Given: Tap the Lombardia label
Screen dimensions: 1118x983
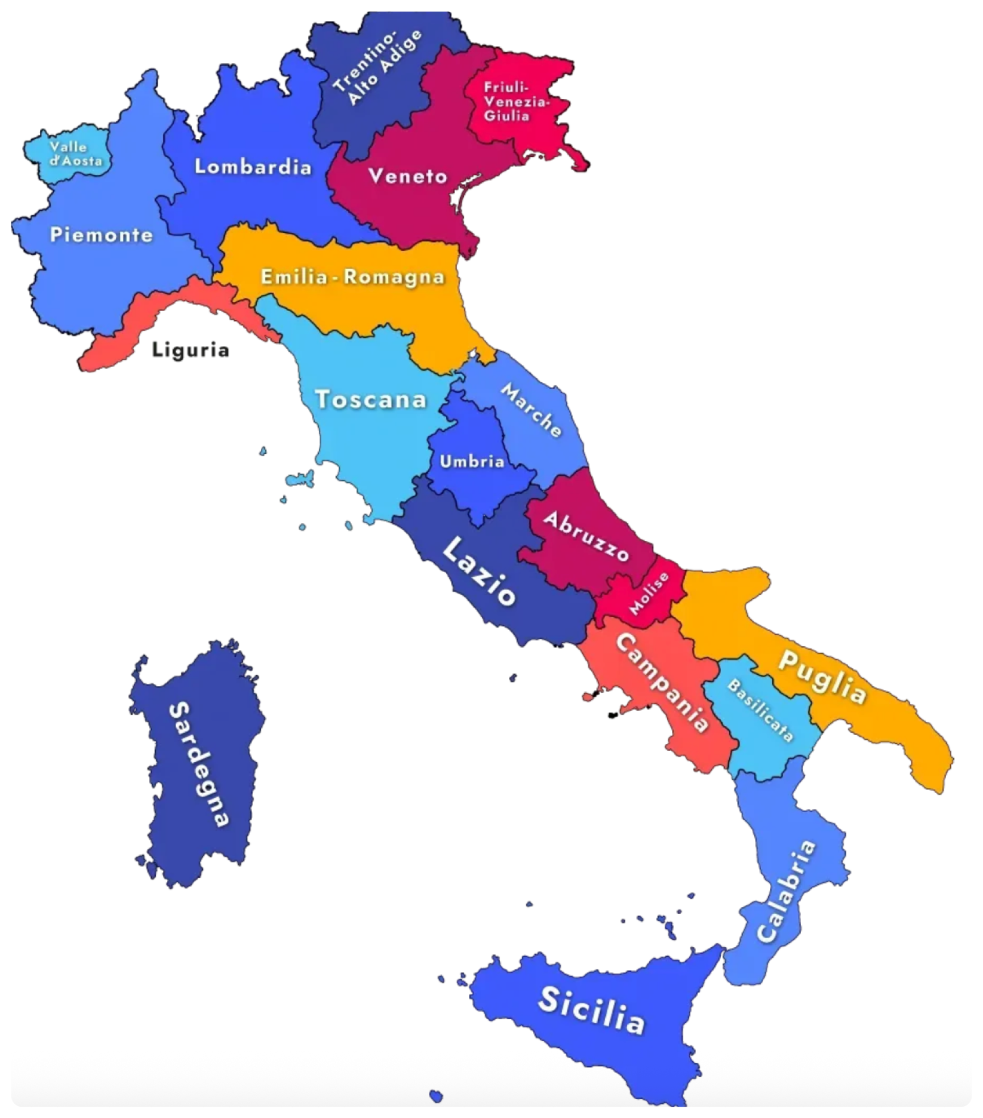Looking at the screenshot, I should [x=253, y=167].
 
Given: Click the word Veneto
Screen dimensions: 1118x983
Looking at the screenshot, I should [x=408, y=176].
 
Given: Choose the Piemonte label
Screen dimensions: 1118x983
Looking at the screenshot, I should [x=102, y=235].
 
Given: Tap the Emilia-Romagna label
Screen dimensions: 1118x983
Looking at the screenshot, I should [x=353, y=277].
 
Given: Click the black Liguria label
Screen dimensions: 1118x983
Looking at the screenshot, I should [x=191, y=349].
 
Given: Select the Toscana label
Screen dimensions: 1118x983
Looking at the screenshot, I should [x=371, y=399].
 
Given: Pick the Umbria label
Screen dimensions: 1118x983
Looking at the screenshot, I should [x=472, y=461].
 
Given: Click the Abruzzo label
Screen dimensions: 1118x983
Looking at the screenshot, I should [x=585, y=536].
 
